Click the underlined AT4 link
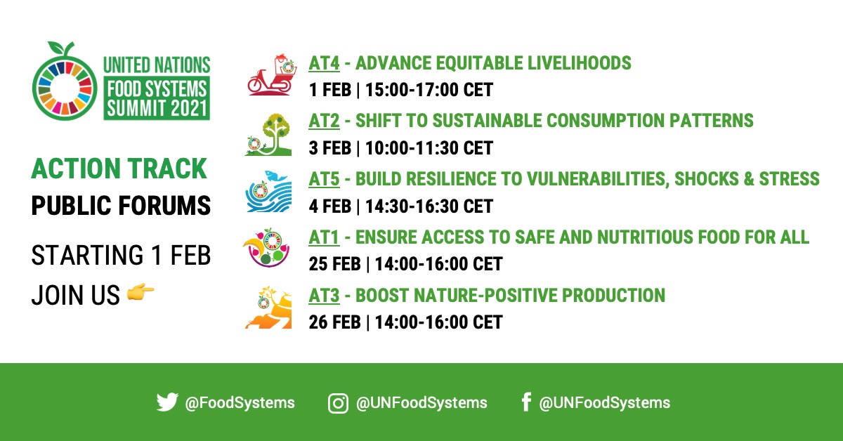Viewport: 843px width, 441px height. pyautogui.click(x=324, y=63)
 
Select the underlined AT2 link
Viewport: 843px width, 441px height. pyautogui.click(x=324, y=121)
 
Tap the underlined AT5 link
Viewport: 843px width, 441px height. pyautogui.click(x=324, y=178)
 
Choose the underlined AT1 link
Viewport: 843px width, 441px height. pyautogui.click(x=323, y=237)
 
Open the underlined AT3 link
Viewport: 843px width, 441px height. pyautogui.click(x=324, y=295)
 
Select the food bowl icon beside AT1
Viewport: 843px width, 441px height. pyautogui.click(x=268, y=249)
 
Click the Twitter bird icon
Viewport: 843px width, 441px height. pyautogui.click(x=167, y=402)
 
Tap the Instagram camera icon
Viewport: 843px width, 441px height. pyautogui.click(x=339, y=403)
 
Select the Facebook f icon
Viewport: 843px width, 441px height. pyautogui.click(x=525, y=402)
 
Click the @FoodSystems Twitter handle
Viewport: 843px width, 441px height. pyautogui.click(x=240, y=403)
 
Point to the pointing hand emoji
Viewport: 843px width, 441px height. pyautogui.click(x=140, y=296)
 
